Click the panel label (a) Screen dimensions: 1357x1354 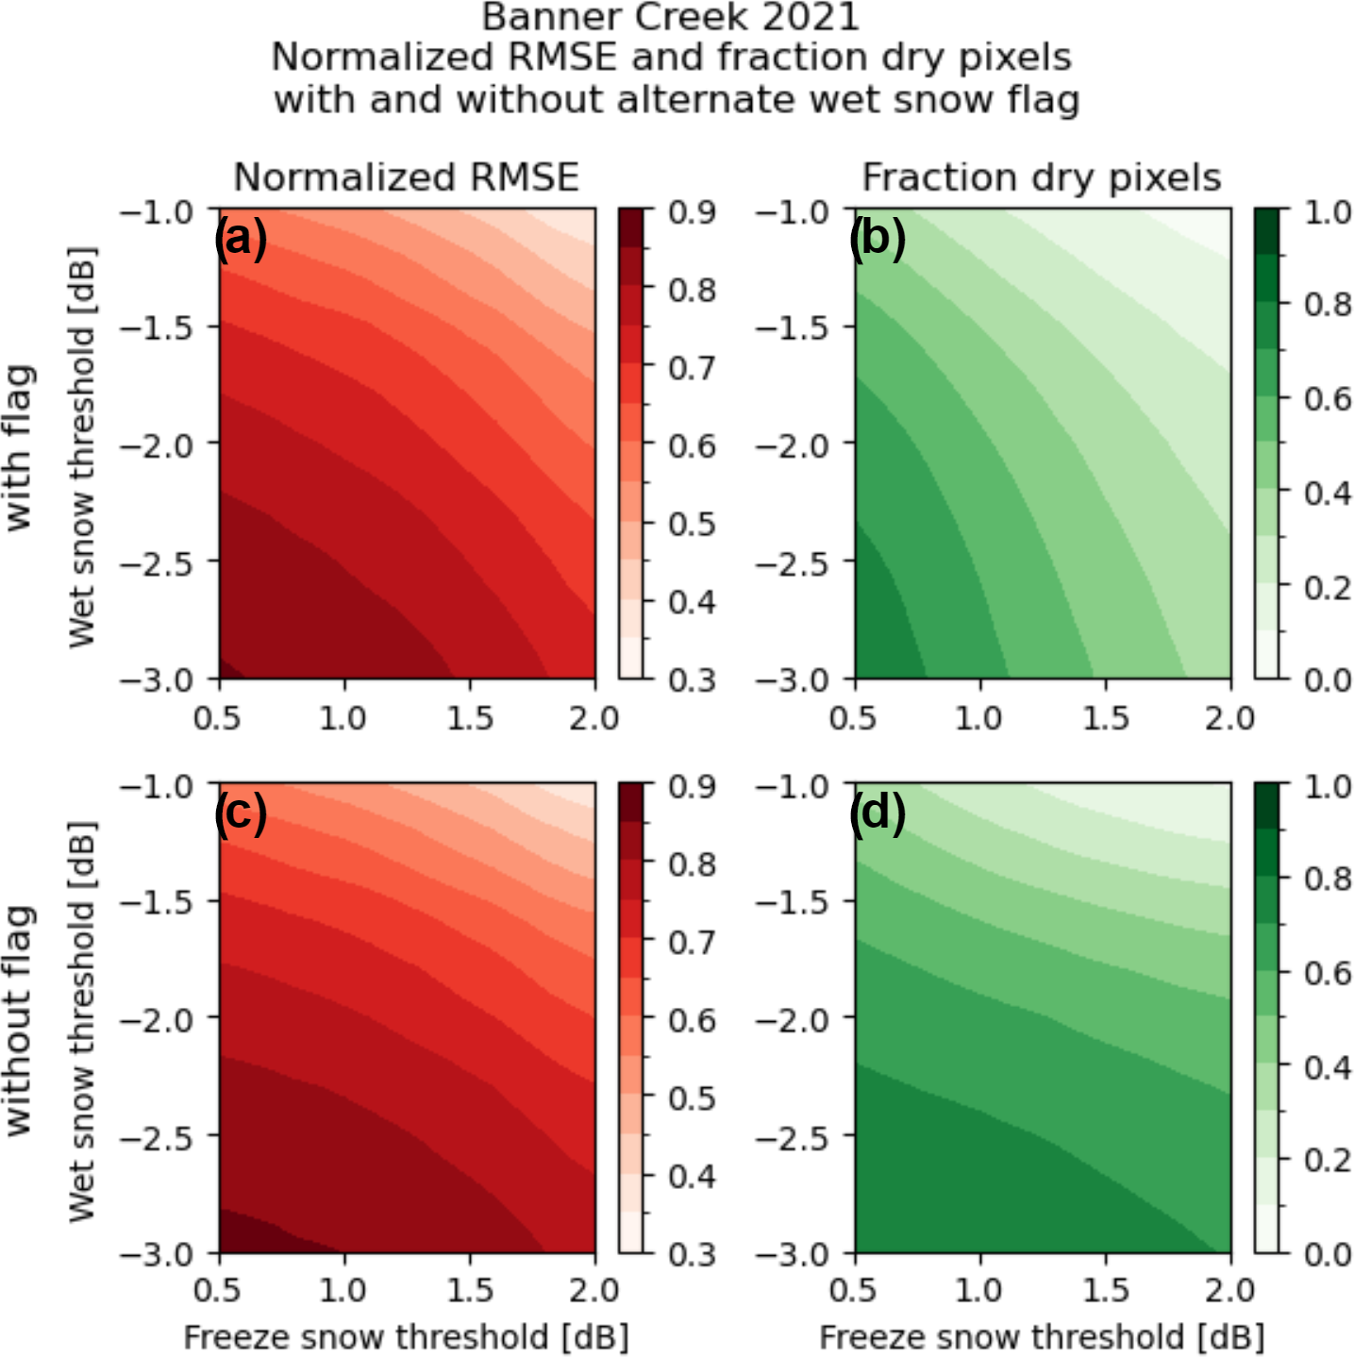(241, 238)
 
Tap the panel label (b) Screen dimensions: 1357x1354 (877, 238)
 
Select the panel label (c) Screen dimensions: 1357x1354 (241, 812)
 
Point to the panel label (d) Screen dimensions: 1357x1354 (877, 812)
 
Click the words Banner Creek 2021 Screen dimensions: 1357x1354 (671, 17)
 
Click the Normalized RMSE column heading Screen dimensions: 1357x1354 (406, 177)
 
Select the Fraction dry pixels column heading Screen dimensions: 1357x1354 (1042, 177)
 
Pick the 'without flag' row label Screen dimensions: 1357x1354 (19, 1019)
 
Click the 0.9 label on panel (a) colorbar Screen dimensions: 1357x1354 (692, 212)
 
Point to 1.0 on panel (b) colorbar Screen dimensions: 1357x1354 (1328, 212)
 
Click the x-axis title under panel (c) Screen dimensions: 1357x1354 (406, 1337)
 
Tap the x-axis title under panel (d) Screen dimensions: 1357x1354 (1042, 1337)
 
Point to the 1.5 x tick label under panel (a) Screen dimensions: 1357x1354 (469, 718)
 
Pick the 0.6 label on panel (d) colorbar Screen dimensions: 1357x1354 (1328, 973)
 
